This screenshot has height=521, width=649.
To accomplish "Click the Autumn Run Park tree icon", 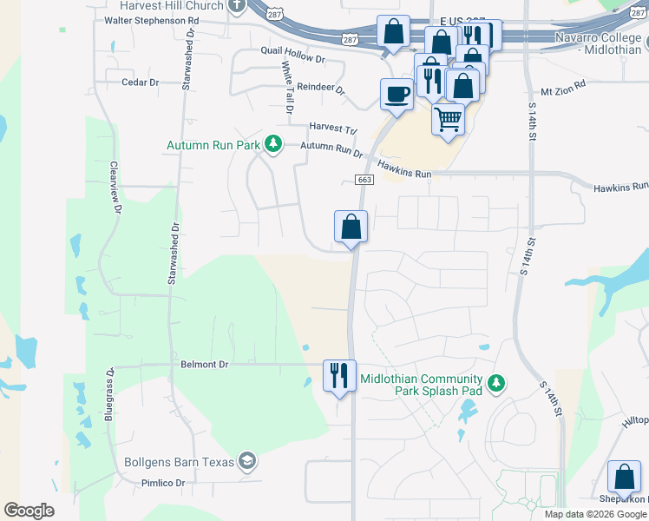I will click(x=273, y=143).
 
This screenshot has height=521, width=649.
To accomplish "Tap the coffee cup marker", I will click(x=397, y=94).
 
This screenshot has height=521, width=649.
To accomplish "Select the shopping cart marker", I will click(x=448, y=119).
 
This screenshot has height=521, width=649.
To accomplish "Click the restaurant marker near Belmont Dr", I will click(x=338, y=375).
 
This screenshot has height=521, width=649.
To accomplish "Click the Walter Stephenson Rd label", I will click(x=152, y=20).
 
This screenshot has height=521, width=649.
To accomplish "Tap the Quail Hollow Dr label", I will click(x=292, y=60).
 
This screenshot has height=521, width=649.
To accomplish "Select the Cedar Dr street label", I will click(x=141, y=82).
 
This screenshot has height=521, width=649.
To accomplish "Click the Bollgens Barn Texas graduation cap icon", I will click(x=247, y=460).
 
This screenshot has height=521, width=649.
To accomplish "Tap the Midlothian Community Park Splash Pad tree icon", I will click(x=495, y=383).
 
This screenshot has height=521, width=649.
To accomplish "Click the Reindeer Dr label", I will click(x=321, y=89).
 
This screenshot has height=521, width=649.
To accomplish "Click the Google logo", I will click(x=29, y=511).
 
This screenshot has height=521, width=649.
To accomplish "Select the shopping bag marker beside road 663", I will click(x=351, y=227).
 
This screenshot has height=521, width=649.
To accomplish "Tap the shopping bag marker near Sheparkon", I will click(x=624, y=477).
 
